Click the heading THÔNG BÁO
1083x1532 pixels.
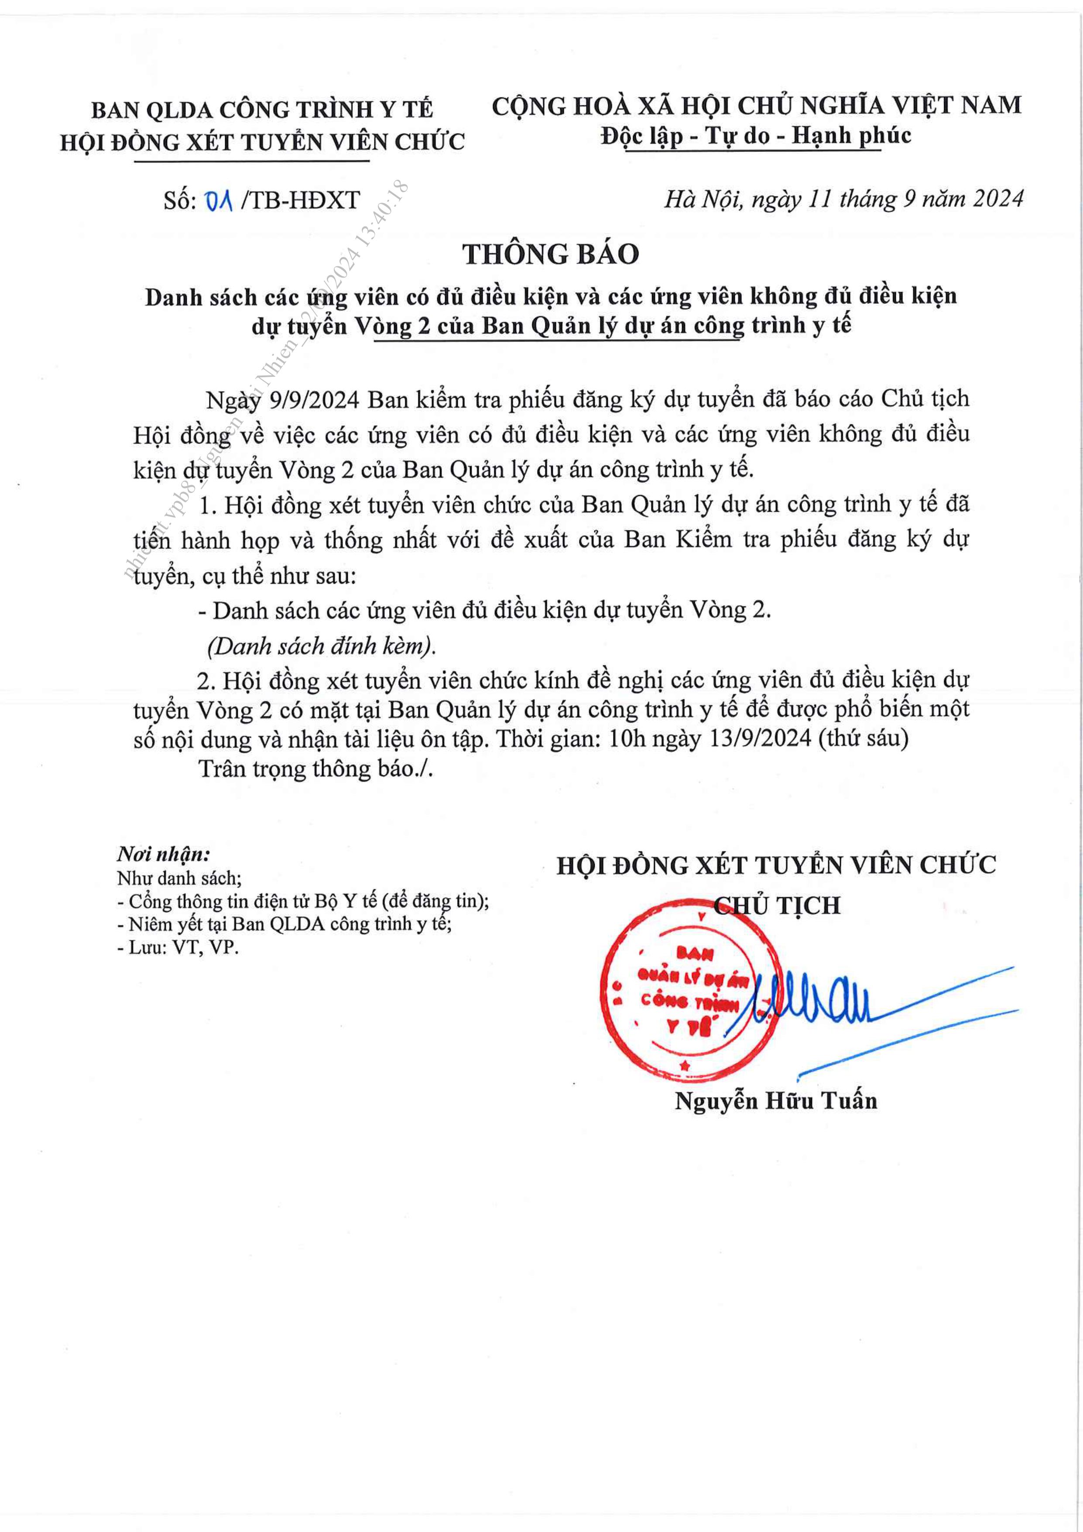point(551,254)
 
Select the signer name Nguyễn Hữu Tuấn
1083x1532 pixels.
point(775,1100)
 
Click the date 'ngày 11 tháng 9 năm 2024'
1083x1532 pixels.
point(887,199)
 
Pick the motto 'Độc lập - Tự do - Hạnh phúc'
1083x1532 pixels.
point(756,136)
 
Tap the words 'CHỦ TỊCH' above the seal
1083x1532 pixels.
point(777,905)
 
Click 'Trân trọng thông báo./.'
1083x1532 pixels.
point(316,769)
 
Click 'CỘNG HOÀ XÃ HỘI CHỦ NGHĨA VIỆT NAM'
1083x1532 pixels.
point(756,105)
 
